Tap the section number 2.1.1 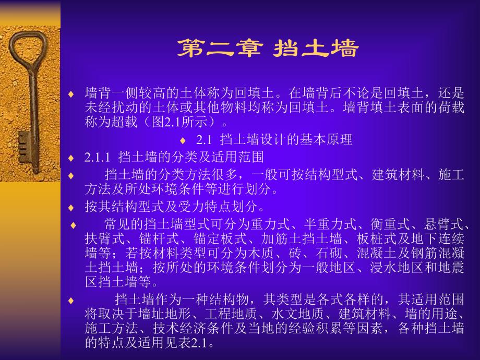(98, 157)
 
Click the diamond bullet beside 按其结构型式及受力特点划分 (71, 208)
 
